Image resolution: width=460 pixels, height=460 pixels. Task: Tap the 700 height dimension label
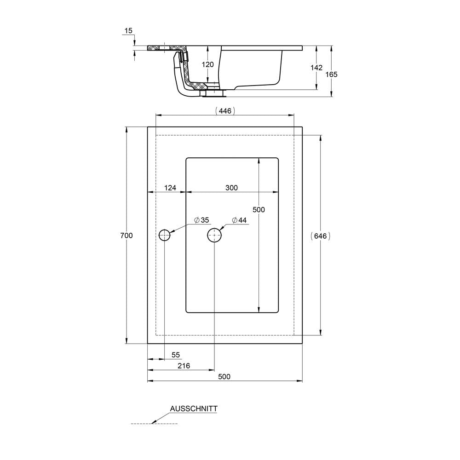point(126,235)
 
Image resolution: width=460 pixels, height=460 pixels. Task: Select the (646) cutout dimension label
point(320,236)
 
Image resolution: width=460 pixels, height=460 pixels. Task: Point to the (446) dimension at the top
point(225,110)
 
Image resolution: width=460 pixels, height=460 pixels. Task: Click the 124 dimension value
point(170,188)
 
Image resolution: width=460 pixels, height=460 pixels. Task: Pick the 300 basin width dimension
point(231,188)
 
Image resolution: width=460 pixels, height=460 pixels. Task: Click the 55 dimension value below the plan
point(175,355)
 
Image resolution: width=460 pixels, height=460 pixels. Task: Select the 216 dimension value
point(184,366)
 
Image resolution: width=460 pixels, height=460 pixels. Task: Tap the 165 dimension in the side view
point(332,75)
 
